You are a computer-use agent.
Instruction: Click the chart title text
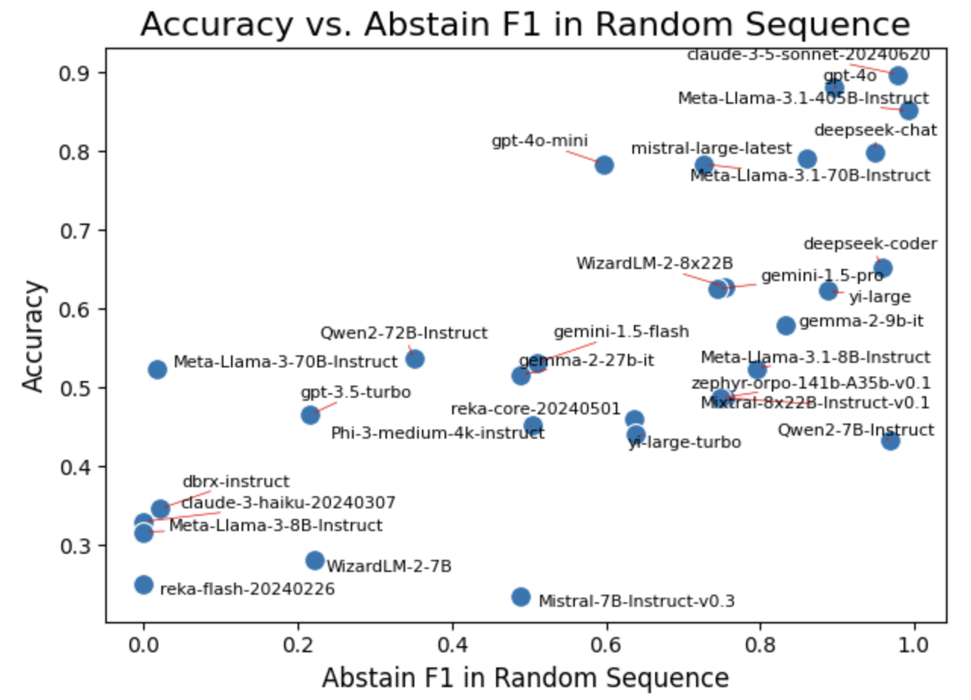point(525,25)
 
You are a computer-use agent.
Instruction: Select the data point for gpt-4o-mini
point(604,164)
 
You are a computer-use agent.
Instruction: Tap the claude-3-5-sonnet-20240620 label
point(808,55)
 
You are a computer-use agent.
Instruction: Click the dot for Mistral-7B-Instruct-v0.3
point(521,596)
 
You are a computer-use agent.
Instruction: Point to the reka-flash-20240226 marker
point(144,584)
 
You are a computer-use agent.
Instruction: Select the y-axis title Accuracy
point(34,336)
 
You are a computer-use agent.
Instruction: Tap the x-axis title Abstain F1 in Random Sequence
point(525,678)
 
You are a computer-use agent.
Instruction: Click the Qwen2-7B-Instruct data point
point(891,440)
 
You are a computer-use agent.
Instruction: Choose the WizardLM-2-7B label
point(389,565)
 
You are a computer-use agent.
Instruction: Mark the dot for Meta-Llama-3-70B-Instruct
point(158,369)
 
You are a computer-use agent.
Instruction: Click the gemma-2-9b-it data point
point(786,325)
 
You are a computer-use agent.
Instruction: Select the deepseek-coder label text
point(870,244)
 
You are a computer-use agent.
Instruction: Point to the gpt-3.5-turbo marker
point(311,414)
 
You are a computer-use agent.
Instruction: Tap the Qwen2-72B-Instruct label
point(404,333)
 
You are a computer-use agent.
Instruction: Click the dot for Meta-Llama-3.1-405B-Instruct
point(909,111)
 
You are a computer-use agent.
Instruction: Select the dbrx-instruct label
point(236,482)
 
